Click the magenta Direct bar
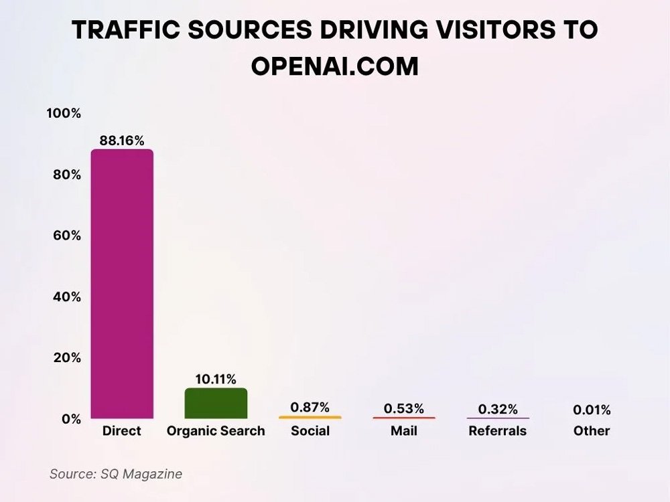122,284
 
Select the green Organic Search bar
216,404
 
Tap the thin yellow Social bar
310,418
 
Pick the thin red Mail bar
403,418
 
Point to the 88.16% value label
122,141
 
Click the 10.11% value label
216,380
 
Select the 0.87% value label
310,407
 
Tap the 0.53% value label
403,408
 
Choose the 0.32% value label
497,409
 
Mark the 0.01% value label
592,410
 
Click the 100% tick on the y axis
63,114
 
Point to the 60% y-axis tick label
67,236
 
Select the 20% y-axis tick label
67,357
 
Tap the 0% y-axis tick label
71,419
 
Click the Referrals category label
497,431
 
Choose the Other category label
592,431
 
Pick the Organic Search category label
216,431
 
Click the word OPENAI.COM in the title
334,66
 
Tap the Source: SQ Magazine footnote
116,474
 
